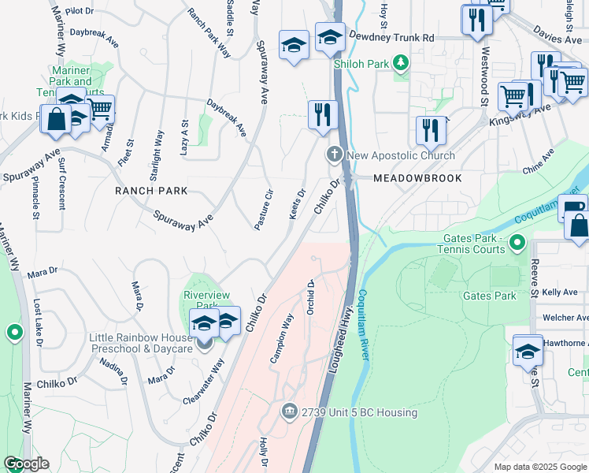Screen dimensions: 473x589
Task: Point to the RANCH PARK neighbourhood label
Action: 151,191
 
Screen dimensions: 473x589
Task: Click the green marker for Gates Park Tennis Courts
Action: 517,242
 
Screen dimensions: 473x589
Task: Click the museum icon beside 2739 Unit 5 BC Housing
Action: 289,412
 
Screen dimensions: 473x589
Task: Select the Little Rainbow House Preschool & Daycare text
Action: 142,345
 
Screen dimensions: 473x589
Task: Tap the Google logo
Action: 26,464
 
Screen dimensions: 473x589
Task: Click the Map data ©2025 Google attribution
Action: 539,467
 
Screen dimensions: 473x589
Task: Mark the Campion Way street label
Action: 281,338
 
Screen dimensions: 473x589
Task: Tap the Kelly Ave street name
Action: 565,292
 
